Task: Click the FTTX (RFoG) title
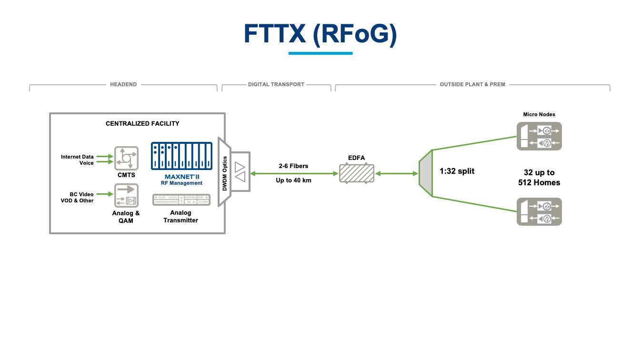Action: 320,34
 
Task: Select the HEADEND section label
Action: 123,85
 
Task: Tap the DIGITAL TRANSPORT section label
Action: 276,85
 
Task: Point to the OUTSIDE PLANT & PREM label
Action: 472,85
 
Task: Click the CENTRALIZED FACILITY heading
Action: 142,124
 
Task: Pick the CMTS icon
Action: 126,158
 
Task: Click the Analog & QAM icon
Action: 126,196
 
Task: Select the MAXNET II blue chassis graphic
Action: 181,156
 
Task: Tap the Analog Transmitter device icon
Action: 181,200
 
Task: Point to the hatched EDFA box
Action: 357,173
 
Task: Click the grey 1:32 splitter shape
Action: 425,173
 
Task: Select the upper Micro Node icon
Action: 539,136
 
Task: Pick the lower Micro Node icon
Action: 539,212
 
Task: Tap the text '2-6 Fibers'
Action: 293,166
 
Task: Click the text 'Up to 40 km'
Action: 293,180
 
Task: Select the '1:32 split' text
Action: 457,171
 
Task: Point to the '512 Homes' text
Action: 539,183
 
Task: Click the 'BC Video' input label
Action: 81,194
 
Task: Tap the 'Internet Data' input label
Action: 77,157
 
